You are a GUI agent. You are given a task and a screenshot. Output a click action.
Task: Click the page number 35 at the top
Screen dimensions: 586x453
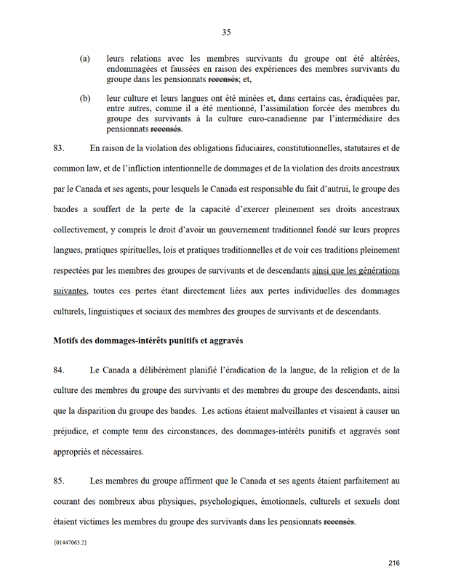point(226,32)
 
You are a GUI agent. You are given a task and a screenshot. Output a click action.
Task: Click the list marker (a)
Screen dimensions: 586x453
point(84,58)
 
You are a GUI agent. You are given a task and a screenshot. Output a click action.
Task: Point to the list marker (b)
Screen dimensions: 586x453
point(84,97)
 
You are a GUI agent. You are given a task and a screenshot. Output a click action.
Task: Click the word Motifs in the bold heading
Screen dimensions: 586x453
point(68,340)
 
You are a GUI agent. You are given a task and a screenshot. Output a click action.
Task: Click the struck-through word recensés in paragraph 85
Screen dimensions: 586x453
point(339,521)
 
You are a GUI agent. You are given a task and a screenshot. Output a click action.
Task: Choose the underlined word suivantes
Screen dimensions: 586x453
point(70,292)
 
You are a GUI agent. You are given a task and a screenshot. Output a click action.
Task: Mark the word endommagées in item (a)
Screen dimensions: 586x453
point(134,68)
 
